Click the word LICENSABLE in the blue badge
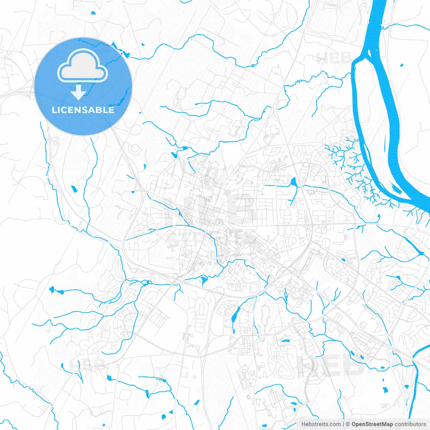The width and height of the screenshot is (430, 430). pyautogui.click(x=83, y=110)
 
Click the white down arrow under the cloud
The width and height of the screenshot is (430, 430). pyautogui.click(x=79, y=93)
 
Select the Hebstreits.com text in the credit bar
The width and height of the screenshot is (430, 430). pyautogui.click(x=321, y=424)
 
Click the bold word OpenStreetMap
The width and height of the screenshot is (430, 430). pyautogui.click(x=372, y=424)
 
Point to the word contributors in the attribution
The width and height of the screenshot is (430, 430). pyautogui.click(x=410, y=424)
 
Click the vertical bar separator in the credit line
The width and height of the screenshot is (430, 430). pyautogui.click(x=343, y=424)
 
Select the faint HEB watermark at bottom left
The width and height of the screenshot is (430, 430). pyautogui.click(x=87, y=365)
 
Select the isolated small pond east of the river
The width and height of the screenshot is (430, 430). pyautogui.click(x=402, y=65)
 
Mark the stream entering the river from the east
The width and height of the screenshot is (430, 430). pyautogui.click(x=403, y=25)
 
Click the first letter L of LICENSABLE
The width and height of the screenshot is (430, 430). pyautogui.click(x=54, y=110)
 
